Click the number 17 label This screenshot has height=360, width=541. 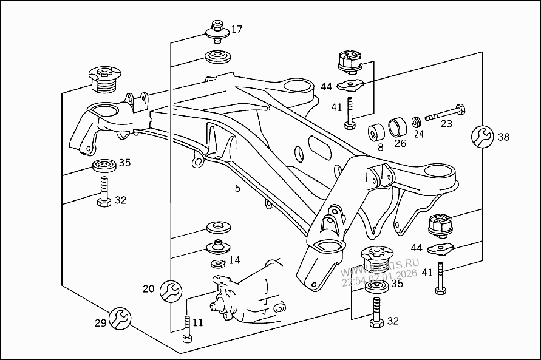(236, 29)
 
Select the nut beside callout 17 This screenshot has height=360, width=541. (216, 29)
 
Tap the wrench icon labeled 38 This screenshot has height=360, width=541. (483, 137)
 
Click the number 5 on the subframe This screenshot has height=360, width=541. (237, 188)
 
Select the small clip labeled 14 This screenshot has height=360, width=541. (217, 263)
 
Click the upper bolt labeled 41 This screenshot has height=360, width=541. (349, 112)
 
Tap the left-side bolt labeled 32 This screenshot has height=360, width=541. (103, 192)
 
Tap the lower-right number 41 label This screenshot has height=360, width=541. (427, 273)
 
